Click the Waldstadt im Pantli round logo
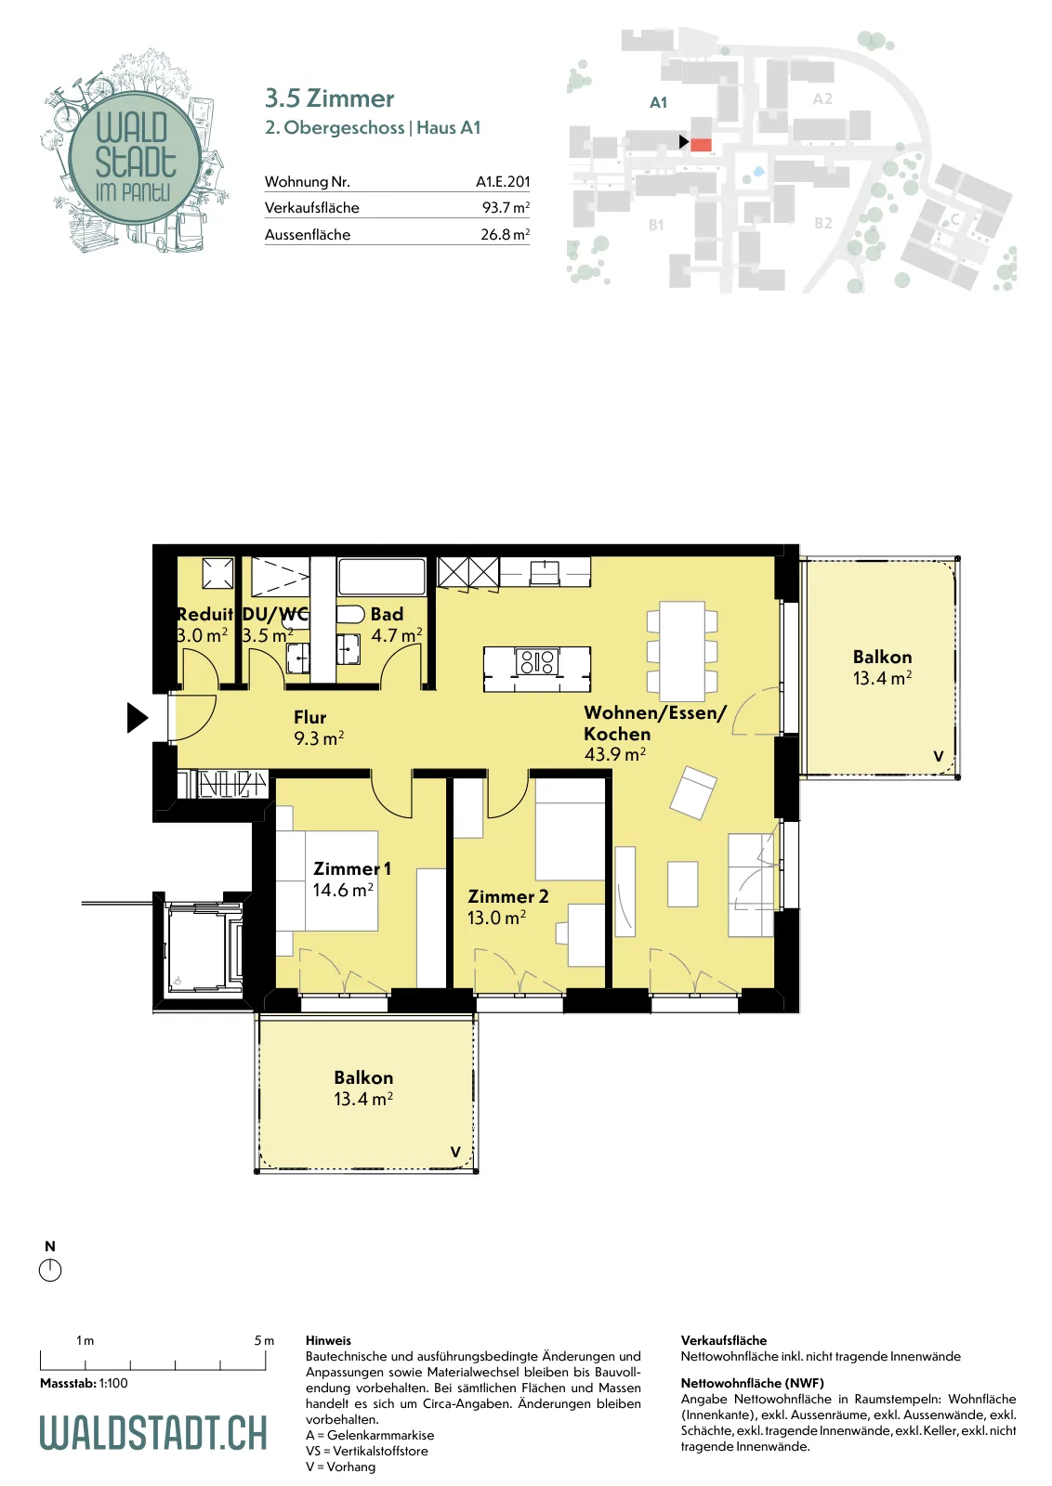134,157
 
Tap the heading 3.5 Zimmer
329,98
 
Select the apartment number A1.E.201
503,181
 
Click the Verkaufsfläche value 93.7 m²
506,208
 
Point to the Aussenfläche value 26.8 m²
506,234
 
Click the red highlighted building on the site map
701,145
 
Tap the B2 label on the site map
823,223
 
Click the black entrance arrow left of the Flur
138,718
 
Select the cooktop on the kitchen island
537,661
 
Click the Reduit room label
204,614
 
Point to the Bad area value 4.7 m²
396,635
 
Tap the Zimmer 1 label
352,868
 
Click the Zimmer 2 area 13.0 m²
496,918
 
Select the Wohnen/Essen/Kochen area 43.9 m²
614,754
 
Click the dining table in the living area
682,651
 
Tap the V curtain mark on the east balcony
939,756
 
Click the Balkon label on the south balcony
363,1077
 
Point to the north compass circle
50,1271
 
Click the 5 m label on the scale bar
264,1341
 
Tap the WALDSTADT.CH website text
153,1433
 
